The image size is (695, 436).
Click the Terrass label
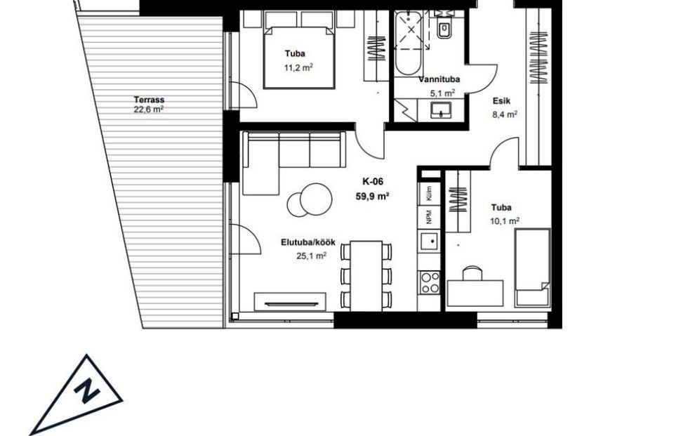pyautogui.click(x=149, y=100)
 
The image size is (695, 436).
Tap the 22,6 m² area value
pyautogui.click(x=149, y=110)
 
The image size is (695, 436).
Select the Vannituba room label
pyautogui.click(x=439, y=79)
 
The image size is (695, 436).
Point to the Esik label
pyautogui.click(x=501, y=100)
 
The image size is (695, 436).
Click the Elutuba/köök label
pyautogui.click(x=308, y=242)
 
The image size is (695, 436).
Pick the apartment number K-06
pyautogui.click(x=372, y=181)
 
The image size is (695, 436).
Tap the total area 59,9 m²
pyautogui.click(x=372, y=196)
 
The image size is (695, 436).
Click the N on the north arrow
pyautogui.click(x=87, y=391)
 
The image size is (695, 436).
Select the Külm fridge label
pyautogui.click(x=429, y=194)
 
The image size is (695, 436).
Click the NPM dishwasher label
pyautogui.click(x=429, y=216)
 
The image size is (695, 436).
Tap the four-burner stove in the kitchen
pyautogui.click(x=430, y=283)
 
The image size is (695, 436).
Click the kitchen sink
pyautogui.click(x=429, y=243)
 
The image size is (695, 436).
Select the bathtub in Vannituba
pyautogui.click(x=408, y=44)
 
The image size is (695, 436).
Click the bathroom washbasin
pyautogui.click(x=441, y=110)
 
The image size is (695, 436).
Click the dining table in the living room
pyautogui.click(x=366, y=276)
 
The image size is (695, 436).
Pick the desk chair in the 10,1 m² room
pyautogui.click(x=472, y=273)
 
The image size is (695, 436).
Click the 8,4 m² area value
pyautogui.click(x=505, y=114)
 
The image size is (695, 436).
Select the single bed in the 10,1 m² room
pyautogui.click(x=532, y=267)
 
